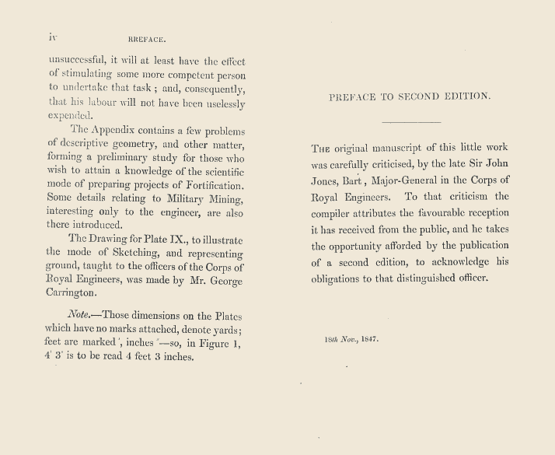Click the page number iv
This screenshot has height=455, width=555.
coord(53,36)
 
